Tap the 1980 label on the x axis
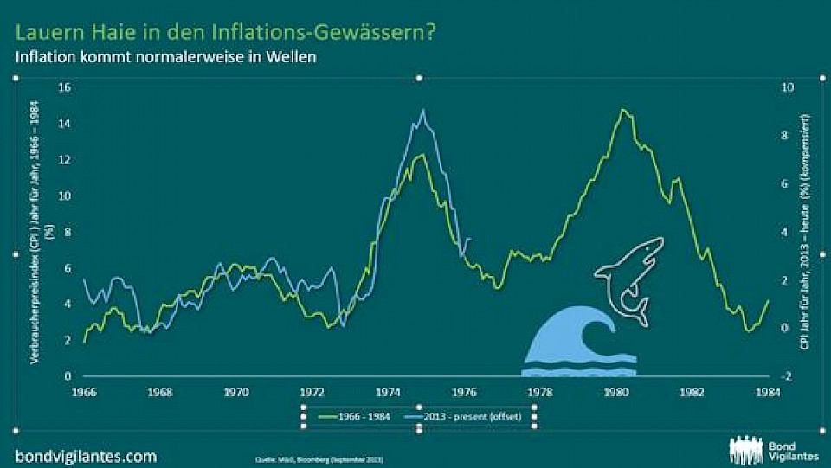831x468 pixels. (616, 391)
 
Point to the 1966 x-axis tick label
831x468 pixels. (84, 391)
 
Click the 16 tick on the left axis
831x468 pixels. (63, 87)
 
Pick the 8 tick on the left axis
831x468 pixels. (67, 232)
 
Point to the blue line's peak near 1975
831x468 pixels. (422, 111)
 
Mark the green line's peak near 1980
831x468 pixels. (622, 111)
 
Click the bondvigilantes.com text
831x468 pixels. (86, 455)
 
